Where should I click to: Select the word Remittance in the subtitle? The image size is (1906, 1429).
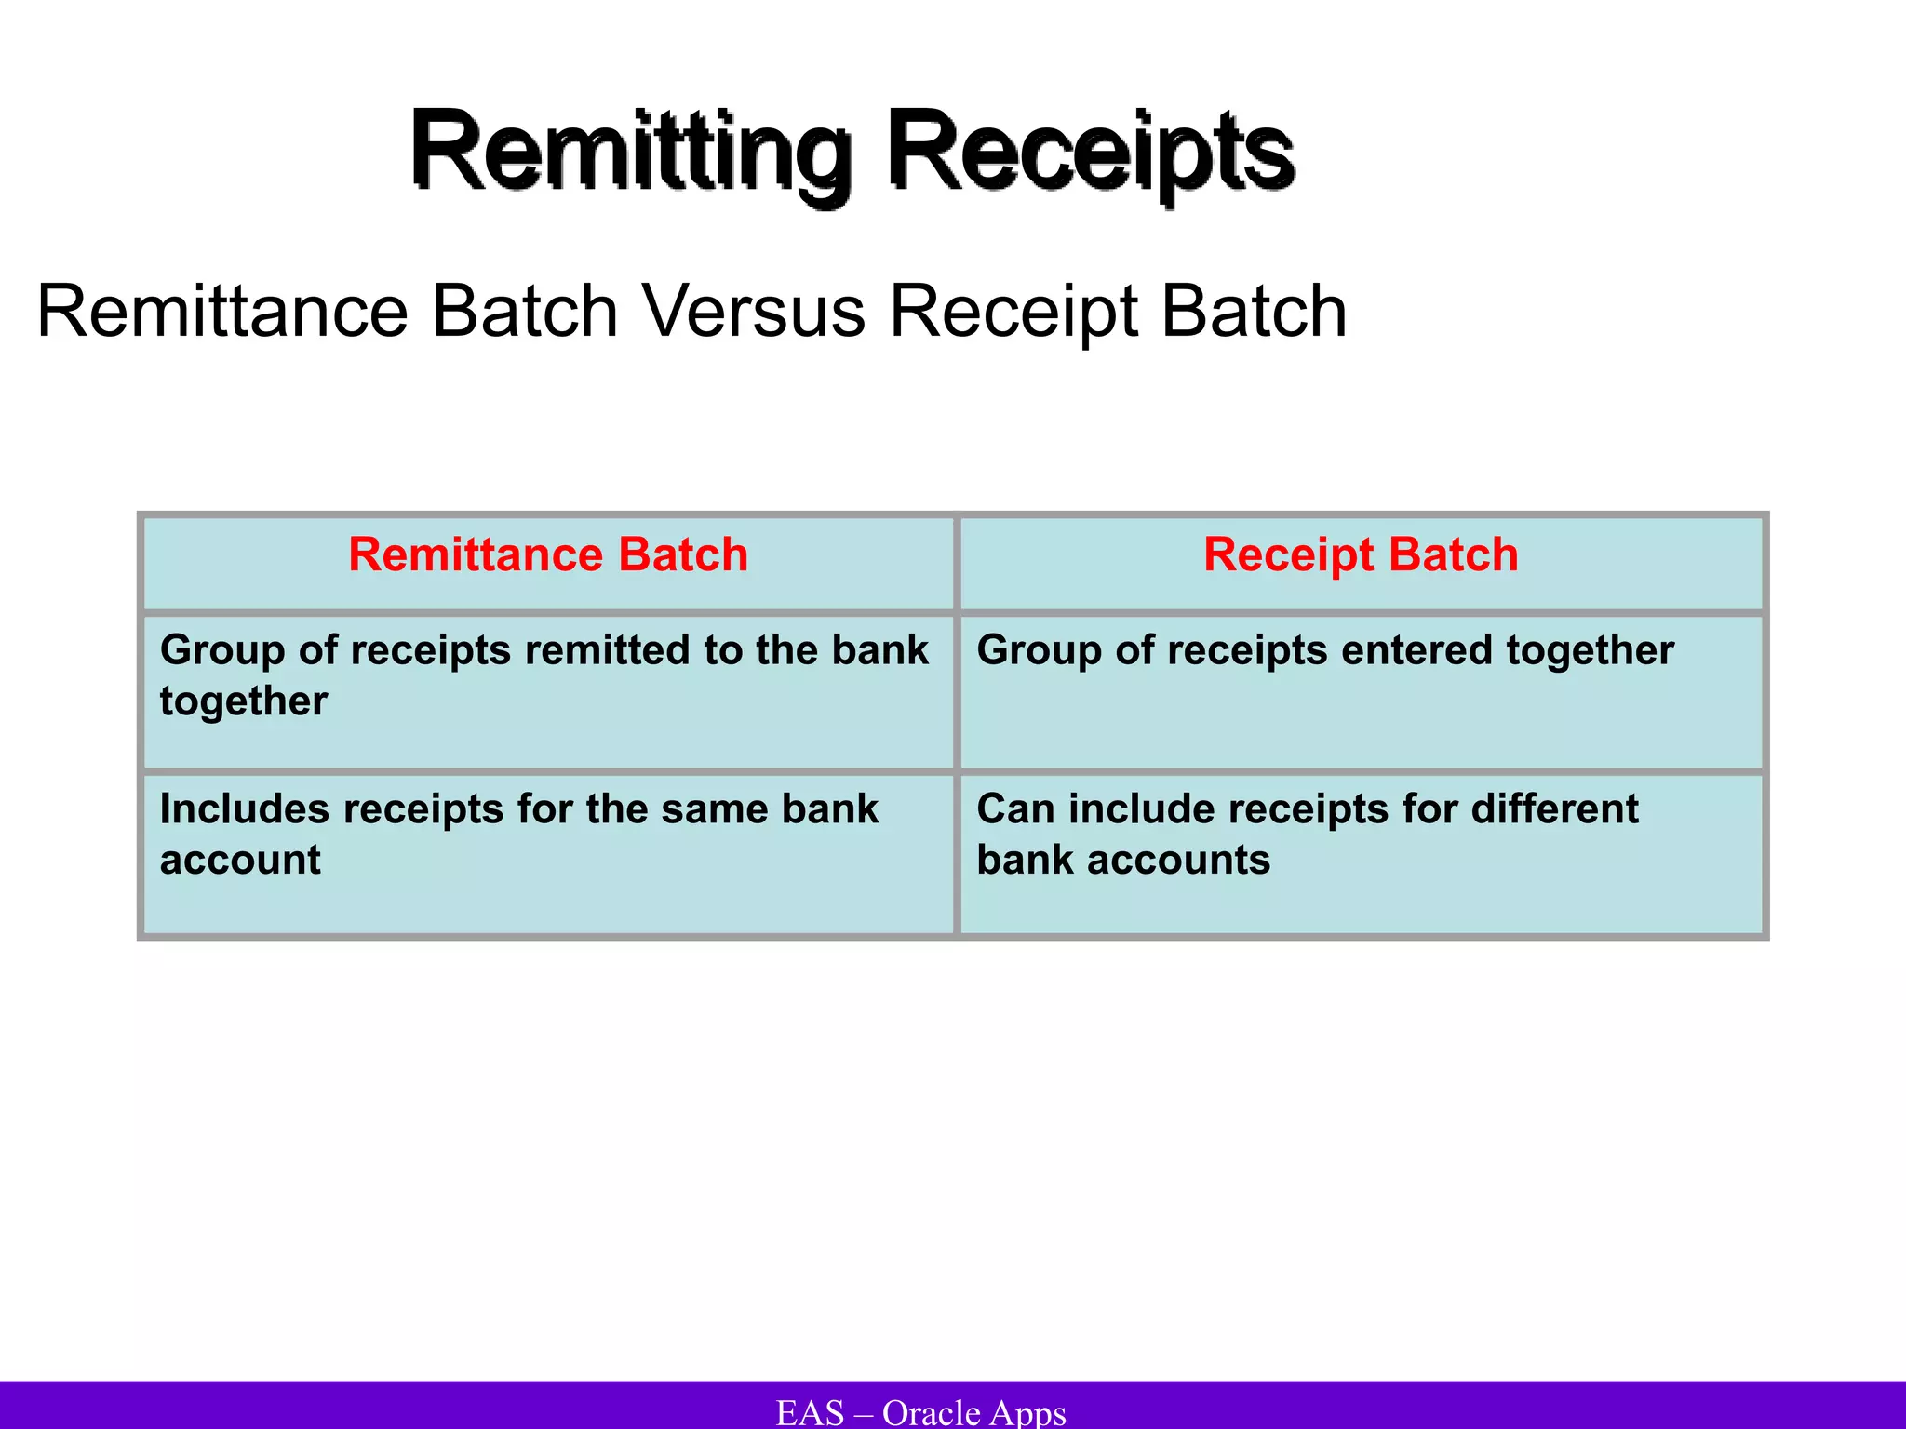[222, 312]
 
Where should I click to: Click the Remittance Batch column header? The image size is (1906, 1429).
[548, 555]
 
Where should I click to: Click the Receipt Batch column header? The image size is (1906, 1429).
[1361, 555]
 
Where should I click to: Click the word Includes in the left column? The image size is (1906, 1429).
[244, 808]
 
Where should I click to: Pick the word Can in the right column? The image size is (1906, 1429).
[1014, 808]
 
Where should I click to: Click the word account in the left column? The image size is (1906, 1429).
[240, 860]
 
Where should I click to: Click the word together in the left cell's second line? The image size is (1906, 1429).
[244, 701]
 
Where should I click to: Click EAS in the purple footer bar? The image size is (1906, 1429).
[810, 1412]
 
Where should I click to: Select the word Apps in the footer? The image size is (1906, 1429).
[1027, 1412]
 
